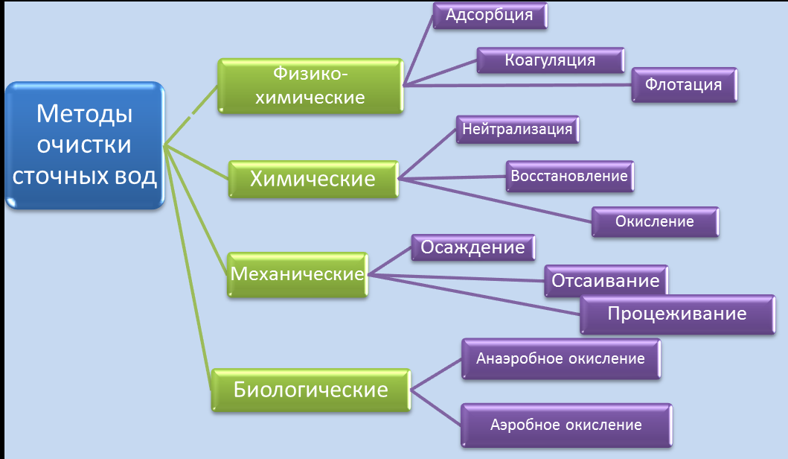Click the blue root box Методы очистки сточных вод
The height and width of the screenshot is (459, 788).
[84, 145]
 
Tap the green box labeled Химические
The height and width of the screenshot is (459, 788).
[313, 180]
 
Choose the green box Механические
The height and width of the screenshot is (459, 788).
[297, 274]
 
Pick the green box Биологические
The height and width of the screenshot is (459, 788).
[311, 390]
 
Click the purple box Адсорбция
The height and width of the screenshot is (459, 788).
[490, 16]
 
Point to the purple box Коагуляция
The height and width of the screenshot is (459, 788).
[550, 60]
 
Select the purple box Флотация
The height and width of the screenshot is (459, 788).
[684, 85]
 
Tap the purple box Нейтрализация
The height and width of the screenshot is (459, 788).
[517, 129]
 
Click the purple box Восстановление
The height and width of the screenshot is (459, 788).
[569, 177]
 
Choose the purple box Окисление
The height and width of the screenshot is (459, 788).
[655, 221]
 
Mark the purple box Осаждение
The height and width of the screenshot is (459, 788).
[473, 247]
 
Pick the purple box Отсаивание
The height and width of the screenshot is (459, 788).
[605, 280]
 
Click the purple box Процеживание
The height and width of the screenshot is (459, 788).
[676, 314]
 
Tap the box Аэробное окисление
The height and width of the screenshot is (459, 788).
[566, 425]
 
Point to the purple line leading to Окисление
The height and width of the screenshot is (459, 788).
[499, 200]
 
